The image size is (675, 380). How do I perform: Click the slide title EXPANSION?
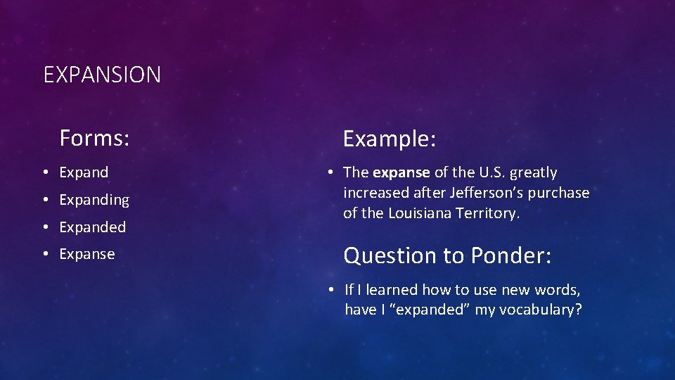point(102,75)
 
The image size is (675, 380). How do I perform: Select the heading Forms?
point(94,138)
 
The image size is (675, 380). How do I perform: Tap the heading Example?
point(390,139)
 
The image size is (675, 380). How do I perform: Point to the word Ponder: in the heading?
point(510,255)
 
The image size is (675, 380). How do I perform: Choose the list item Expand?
point(84,172)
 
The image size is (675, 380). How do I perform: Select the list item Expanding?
point(94,200)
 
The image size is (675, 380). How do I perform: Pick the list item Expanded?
point(92,227)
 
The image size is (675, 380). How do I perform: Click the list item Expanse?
point(86,254)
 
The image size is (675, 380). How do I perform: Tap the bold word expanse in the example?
point(401,173)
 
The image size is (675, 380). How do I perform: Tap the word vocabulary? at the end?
point(540,310)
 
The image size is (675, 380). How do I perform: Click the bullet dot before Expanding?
point(44,200)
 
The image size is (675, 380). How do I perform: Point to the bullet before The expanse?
point(329,172)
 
